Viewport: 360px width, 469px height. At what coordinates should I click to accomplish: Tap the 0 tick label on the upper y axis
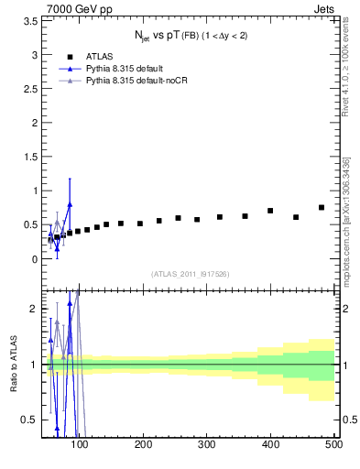tap(34, 259)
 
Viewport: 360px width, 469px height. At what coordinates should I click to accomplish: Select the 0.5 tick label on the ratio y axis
tap(29, 420)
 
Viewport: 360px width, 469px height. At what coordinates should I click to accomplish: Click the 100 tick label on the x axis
tap(81, 444)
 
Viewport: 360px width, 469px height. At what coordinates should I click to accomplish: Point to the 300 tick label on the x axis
tap(207, 444)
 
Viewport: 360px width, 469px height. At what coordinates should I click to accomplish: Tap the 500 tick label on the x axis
tap(333, 444)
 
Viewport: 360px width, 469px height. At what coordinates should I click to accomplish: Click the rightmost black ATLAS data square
tap(322, 207)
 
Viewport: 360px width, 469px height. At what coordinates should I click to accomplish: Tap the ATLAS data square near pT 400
tap(270, 211)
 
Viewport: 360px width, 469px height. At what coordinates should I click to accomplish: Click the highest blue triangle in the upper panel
tap(70, 204)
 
